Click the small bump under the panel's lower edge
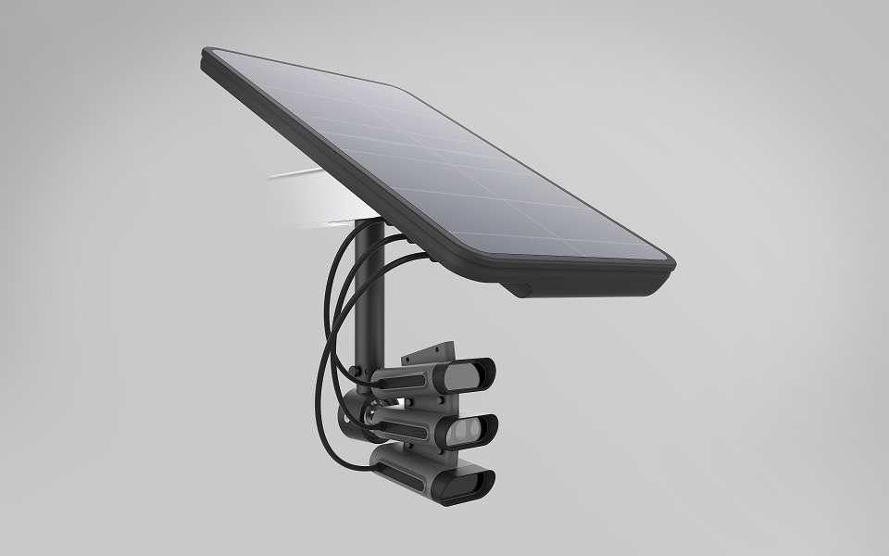click(520, 289)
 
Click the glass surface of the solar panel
click(435, 158)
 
